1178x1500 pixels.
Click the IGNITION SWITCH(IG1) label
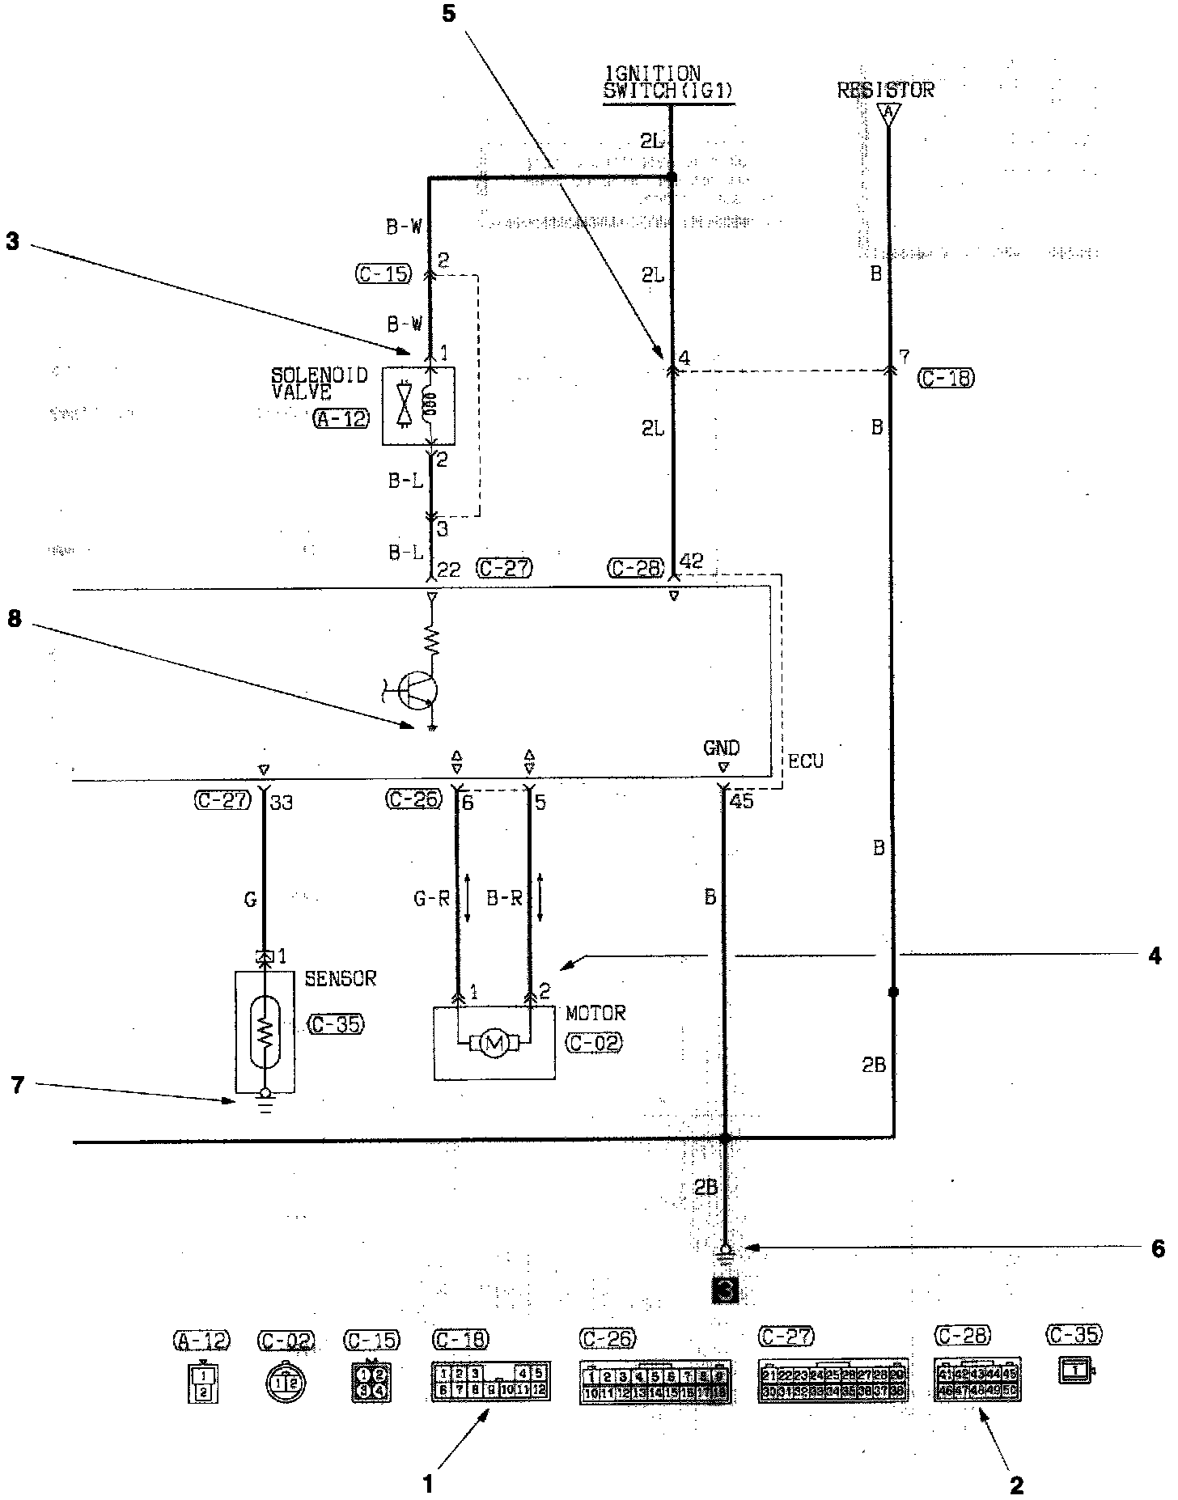click(667, 83)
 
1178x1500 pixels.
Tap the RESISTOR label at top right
click(885, 89)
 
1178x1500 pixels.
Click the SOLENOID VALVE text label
click(318, 383)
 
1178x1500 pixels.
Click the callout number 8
click(15, 620)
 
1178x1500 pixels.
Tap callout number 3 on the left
click(13, 242)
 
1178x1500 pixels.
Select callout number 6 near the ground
click(1158, 1248)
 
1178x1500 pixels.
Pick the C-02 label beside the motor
click(594, 1042)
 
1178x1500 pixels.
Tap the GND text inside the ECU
click(722, 748)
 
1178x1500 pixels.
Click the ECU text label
click(806, 761)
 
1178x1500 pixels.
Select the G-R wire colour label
click(431, 898)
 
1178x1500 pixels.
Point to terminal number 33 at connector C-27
click(281, 803)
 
